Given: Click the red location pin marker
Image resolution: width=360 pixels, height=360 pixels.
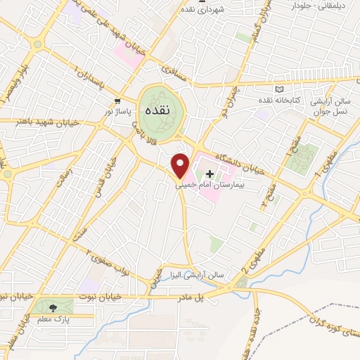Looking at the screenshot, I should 181,165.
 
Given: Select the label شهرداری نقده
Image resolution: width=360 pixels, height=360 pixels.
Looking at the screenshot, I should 202,8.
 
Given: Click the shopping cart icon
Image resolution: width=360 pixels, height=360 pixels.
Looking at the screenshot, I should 119,101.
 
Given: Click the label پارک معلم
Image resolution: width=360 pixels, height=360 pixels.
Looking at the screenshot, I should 52,321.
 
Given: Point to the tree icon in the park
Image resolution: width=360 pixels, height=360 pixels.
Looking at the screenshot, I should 53,307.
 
